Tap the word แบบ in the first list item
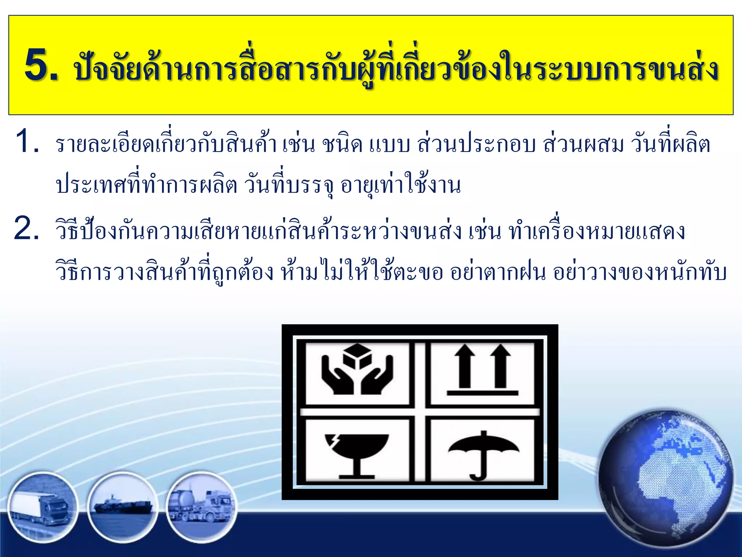[390, 145]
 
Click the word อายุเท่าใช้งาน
[400, 186]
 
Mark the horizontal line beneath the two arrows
[483, 393]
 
